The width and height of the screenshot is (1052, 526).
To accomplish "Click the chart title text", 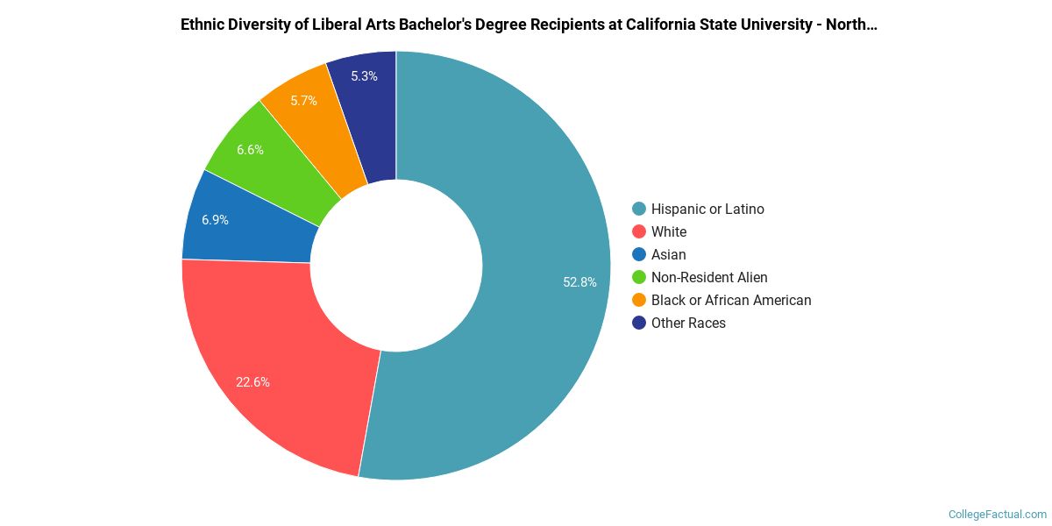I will [x=529, y=25].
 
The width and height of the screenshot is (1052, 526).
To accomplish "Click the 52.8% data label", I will [x=579, y=282].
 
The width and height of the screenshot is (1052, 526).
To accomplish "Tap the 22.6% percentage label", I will [x=252, y=382].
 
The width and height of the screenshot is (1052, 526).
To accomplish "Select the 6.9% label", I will [x=215, y=220].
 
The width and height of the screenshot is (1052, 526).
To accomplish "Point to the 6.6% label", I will [x=250, y=150].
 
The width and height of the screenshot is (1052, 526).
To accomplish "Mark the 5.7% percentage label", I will [x=303, y=101].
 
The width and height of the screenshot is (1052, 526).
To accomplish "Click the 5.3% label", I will [x=364, y=76].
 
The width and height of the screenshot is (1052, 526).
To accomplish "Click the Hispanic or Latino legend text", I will [x=707, y=209].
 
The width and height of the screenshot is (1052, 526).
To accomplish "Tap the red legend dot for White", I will [x=639, y=231].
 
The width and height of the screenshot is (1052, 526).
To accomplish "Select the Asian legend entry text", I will [x=668, y=254].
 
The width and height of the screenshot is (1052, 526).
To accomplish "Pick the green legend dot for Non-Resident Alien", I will [x=639, y=277].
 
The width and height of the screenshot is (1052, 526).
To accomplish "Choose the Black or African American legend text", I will [x=731, y=300].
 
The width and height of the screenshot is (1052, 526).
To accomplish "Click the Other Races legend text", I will [x=688, y=323].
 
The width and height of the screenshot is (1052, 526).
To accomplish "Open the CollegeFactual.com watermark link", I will [x=998, y=514].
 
